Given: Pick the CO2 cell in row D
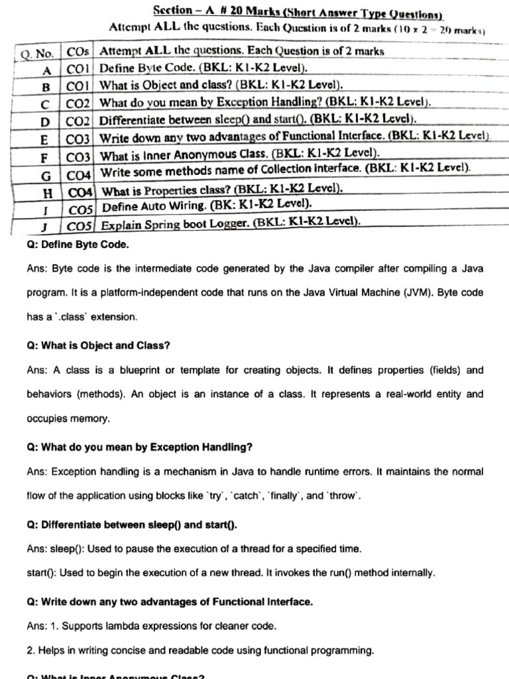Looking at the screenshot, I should [78, 121].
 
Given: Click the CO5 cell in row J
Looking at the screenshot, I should [80, 225].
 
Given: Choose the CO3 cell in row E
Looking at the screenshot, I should [78, 139].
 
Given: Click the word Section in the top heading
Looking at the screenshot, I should [172, 11].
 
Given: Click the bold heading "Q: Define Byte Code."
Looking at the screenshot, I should [78, 245].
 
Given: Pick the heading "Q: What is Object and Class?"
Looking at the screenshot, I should [99, 345].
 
